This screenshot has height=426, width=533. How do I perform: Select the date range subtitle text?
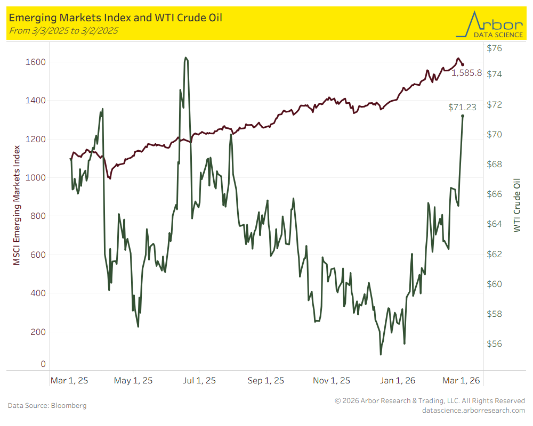[63, 30]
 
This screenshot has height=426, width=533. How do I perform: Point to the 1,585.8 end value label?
[466, 73]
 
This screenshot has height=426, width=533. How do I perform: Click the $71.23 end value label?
[462, 107]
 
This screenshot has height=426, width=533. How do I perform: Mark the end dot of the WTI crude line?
[463, 116]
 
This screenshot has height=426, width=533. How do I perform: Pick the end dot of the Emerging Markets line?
[463, 64]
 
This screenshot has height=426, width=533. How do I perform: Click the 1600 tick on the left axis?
[36, 62]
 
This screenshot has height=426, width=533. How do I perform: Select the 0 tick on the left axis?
[43, 364]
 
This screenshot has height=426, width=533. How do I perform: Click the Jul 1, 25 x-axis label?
[199, 381]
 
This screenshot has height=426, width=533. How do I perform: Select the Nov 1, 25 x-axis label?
[332, 381]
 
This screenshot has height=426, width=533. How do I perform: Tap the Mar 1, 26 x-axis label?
[461, 381]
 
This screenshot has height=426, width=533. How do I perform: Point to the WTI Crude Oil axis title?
[516, 206]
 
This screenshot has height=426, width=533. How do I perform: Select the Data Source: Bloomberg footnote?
[47, 406]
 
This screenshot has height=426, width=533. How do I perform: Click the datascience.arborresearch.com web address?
[473, 410]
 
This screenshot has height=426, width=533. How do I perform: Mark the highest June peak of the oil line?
[185, 58]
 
